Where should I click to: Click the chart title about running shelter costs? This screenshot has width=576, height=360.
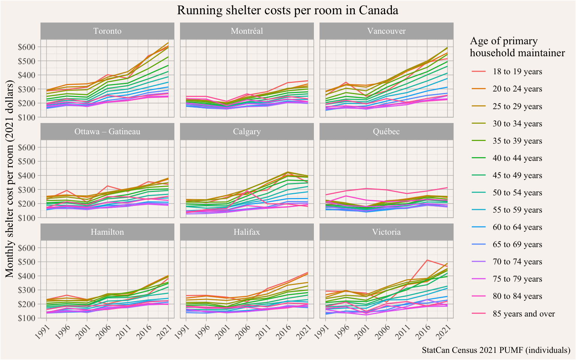click(x=287, y=10)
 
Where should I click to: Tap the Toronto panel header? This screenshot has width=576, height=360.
click(x=107, y=31)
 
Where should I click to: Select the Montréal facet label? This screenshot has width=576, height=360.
click(x=247, y=31)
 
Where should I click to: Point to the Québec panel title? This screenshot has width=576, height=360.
click(x=386, y=132)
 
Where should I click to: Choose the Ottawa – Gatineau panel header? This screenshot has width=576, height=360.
click(x=107, y=132)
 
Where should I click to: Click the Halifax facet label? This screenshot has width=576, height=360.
click(x=247, y=232)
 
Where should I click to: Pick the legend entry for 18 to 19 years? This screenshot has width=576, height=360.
click(x=517, y=72)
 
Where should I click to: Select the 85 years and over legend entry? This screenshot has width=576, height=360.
click(x=523, y=314)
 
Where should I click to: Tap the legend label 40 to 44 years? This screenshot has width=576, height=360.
click(x=517, y=158)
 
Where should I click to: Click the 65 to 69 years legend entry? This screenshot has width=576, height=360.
click(x=517, y=244)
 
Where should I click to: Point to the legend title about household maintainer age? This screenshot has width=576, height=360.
click(x=517, y=47)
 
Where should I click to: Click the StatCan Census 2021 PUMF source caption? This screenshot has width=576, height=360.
click(x=496, y=350)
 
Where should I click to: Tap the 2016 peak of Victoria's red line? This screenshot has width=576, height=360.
click(x=427, y=260)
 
